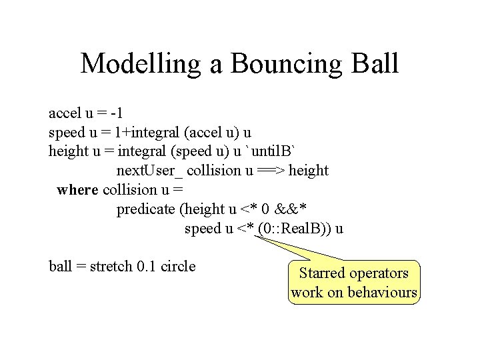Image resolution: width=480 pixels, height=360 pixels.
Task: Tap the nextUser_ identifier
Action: pyautogui.click(x=151, y=171)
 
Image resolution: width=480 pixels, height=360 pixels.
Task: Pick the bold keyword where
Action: pyautogui.click(x=77, y=190)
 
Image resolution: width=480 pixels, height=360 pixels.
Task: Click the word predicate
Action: pyautogui.click(x=146, y=209)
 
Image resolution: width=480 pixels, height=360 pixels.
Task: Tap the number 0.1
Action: pyautogui.click(x=145, y=267)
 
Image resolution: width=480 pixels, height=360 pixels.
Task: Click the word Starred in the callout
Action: pyautogui.click(x=323, y=273)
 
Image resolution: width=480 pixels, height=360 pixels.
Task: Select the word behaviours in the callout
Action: pyautogui.click(x=383, y=293)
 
